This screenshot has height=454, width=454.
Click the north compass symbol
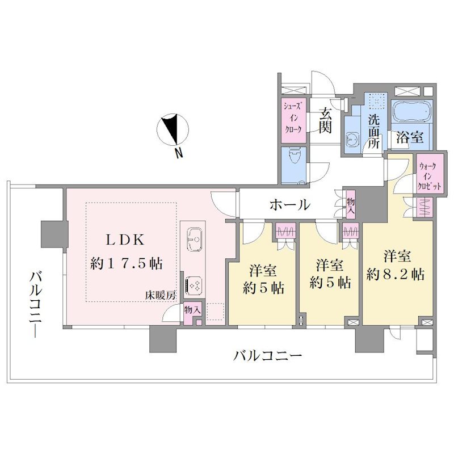click(173, 129)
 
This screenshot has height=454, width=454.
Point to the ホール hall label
click(290, 205)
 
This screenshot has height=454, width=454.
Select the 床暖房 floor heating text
click(161, 296)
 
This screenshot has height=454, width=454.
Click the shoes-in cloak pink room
click(293, 121)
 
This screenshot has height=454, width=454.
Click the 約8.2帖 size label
click(396, 274)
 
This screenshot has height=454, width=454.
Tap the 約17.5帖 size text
click(127, 263)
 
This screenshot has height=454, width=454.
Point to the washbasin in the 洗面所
click(352, 138)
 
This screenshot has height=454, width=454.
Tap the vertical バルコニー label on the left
click(36, 304)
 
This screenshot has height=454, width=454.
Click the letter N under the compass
click(179, 153)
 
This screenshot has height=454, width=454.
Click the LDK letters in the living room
click(125, 239)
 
